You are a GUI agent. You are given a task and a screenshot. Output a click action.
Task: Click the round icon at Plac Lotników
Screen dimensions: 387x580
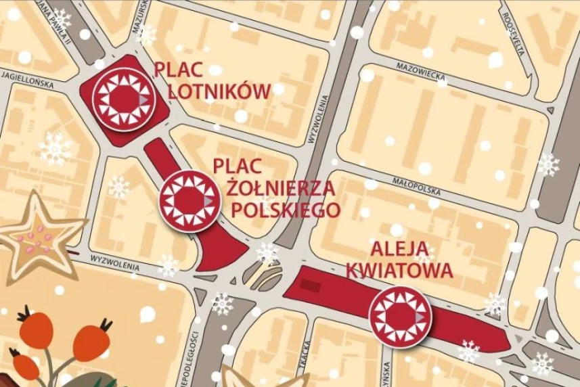[x=124, y=100]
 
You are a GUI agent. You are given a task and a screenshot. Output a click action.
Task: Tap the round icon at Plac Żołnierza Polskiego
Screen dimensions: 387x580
[x=190, y=201]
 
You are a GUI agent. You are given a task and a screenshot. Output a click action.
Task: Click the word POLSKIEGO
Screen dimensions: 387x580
[x=285, y=210]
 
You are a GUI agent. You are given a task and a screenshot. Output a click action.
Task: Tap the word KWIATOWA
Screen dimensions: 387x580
[x=399, y=271]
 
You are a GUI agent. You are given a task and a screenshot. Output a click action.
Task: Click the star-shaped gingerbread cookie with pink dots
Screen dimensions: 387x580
[x=34, y=237]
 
